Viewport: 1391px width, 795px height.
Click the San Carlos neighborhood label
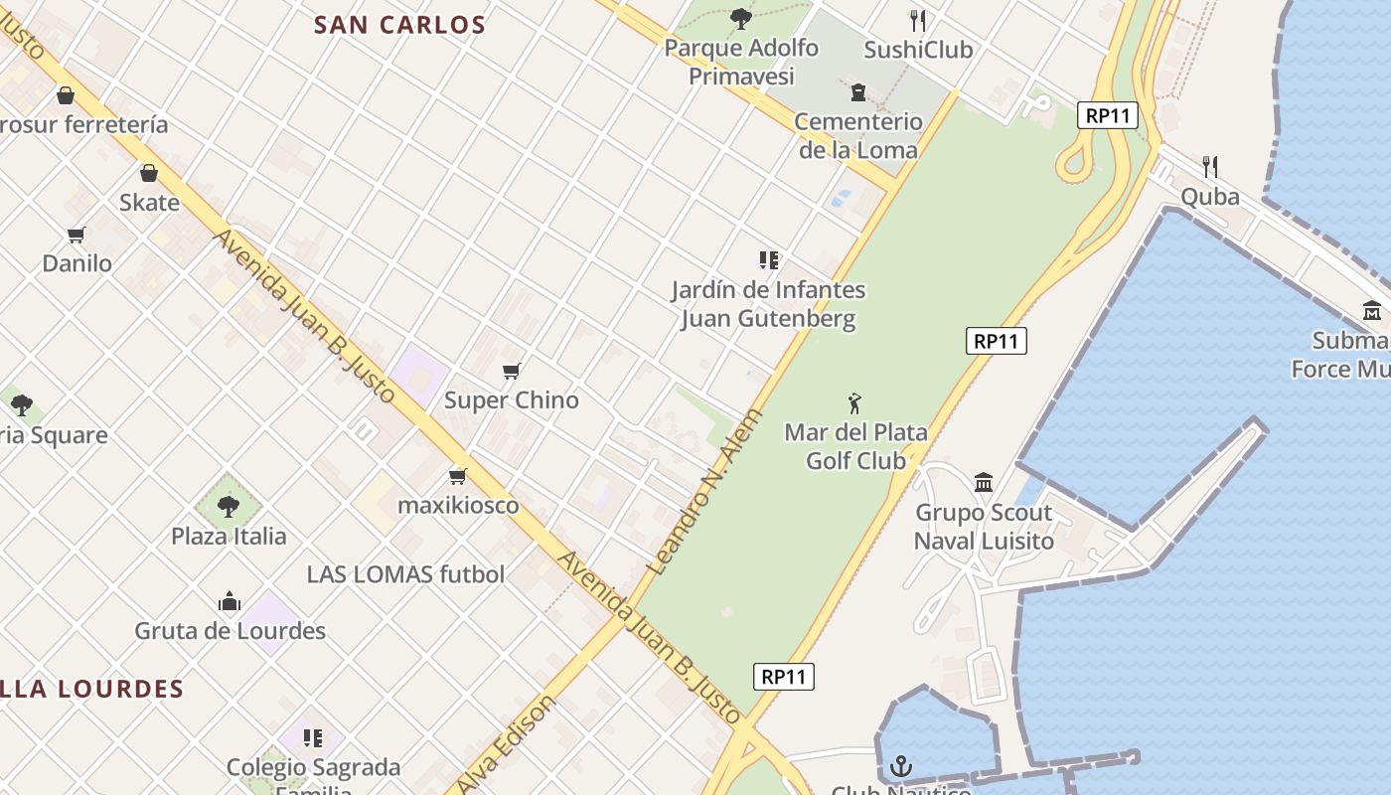click(399, 25)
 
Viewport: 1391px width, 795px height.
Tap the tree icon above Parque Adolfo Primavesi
click(740, 17)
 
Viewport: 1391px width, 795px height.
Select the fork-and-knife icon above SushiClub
click(918, 20)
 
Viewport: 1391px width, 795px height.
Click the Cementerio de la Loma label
click(858, 135)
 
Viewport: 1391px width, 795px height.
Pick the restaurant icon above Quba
click(1209, 166)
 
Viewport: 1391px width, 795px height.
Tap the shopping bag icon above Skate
click(149, 173)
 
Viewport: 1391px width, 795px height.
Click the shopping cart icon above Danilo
click(77, 235)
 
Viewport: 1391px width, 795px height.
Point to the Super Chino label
click(511, 399)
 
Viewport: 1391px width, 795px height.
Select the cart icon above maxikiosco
click(457, 477)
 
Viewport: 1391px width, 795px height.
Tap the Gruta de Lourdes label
click(230, 630)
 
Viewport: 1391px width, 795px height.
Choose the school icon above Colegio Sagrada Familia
click(313, 738)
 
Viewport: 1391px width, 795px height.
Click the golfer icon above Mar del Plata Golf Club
click(854, 403)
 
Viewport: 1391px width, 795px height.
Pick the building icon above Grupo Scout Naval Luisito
click(984, 483)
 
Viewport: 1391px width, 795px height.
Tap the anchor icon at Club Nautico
click(901, 766)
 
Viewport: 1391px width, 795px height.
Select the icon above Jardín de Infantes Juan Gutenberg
click(768, 260)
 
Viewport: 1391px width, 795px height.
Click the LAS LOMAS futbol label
click(405, 573)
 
